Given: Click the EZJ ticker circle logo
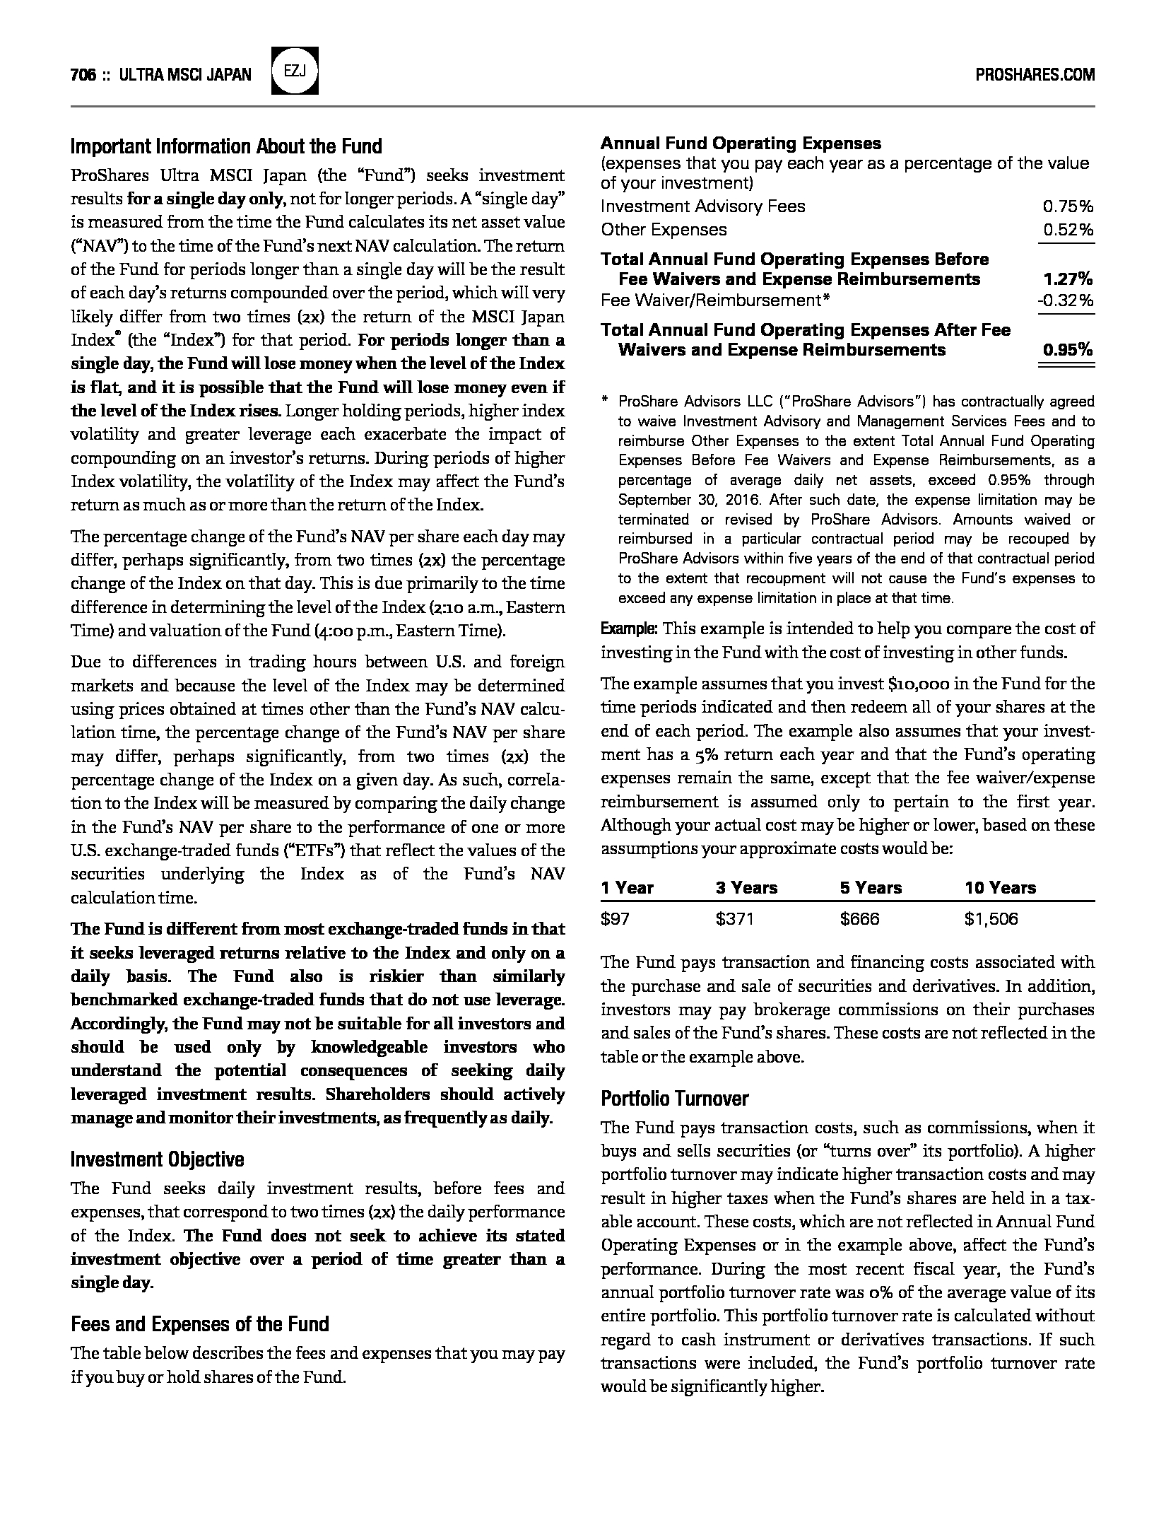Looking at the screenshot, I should point(295,71).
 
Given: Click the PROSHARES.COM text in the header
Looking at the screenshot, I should point(1035,74).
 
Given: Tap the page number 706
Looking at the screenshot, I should point(83,74).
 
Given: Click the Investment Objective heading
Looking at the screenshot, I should point(158,1159).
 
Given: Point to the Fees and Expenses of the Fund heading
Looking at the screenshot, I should point(200,1324).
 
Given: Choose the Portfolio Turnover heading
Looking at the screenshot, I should point(674,1098).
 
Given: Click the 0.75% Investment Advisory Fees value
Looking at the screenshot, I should point(1068,206).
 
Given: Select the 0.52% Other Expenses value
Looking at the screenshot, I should point(1068,230).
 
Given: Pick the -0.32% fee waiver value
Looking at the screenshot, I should point(1065,300).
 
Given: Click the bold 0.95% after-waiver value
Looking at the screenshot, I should point(1068,350).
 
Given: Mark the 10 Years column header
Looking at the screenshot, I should point(1000,888).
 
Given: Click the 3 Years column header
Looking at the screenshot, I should point(746,888).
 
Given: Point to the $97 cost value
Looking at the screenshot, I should point(615,919).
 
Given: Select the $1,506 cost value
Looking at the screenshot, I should point(991,919).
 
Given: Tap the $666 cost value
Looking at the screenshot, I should point(859,919).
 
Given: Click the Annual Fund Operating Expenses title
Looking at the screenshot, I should point(741,144).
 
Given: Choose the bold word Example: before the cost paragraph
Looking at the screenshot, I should point(629,629).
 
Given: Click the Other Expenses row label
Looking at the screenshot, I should point(664,230).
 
